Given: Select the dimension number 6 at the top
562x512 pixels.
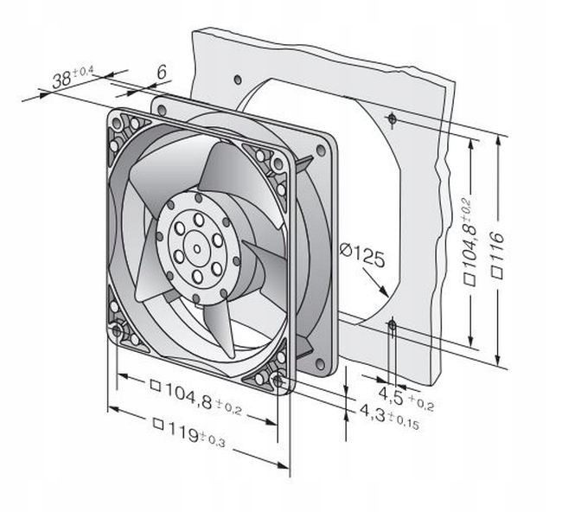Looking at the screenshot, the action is pos(162,75).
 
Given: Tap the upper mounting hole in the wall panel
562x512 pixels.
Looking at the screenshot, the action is pos(392,117).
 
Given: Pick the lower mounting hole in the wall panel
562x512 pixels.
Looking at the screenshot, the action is pos(392,325).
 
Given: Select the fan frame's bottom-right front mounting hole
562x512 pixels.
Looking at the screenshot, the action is pos(276,380).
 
